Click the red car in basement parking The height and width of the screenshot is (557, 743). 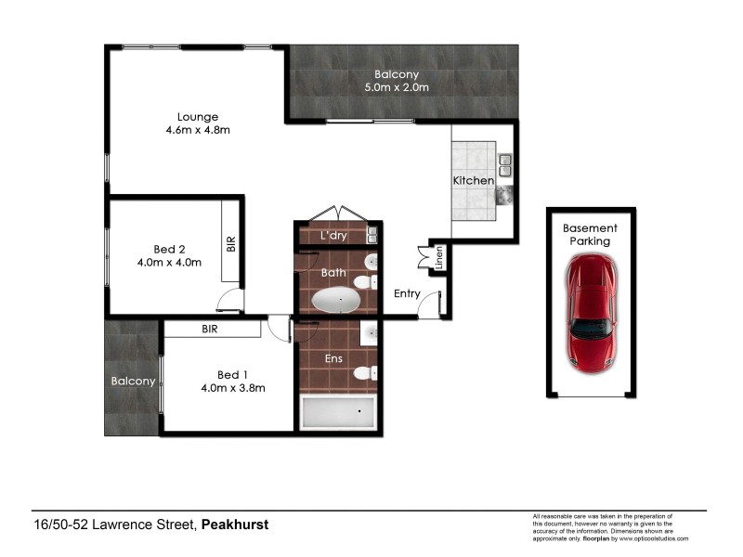(591, 313)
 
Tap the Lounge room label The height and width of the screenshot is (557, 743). (198, 117)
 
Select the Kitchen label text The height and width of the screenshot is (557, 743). (473, 180)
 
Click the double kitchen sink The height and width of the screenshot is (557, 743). (504, 165)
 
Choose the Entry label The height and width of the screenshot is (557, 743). (407, 294)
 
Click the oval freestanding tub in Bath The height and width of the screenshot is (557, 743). (335, 300)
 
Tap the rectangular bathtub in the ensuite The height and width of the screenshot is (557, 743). (339, 411)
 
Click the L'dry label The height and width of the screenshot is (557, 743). (333, 236)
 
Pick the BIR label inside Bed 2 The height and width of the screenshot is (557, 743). (231, 244)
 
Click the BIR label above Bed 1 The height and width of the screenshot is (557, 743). (210, 329)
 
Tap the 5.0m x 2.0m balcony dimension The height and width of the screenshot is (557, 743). (397, 88)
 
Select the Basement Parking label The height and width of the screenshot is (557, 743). (590, 234)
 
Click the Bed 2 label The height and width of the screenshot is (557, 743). (170, 249)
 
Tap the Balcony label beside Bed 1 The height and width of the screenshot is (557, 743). (133, 382)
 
